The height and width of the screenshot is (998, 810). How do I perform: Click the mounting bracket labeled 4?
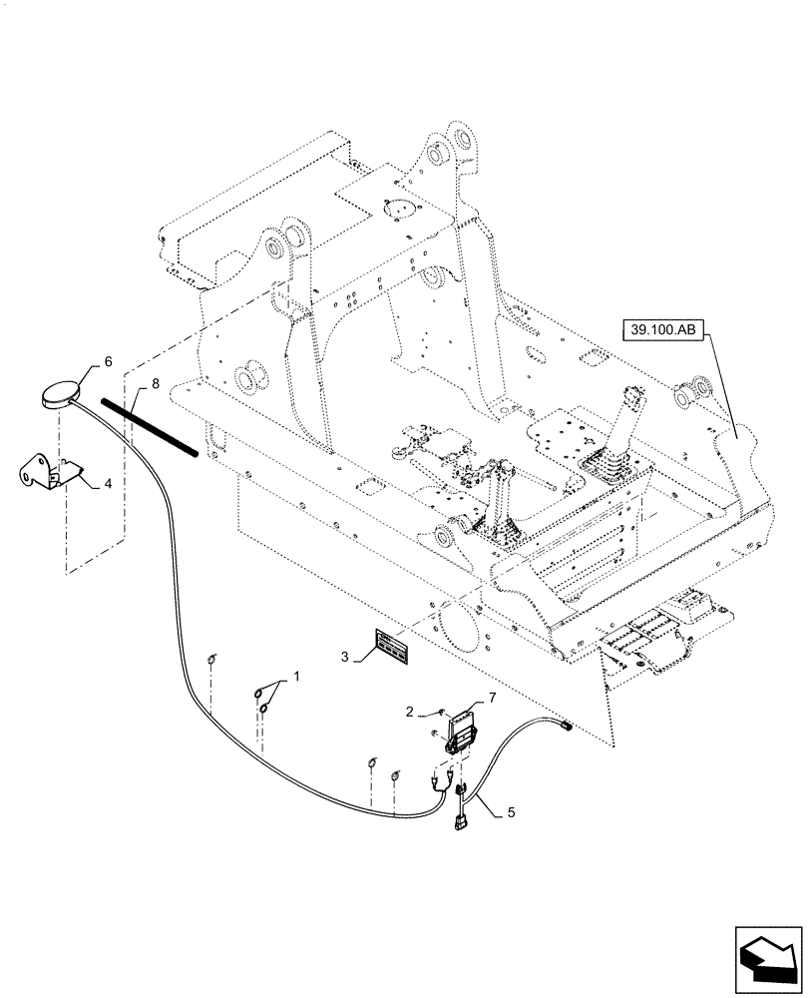point(47,472)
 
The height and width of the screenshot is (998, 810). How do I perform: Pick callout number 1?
point(297,678)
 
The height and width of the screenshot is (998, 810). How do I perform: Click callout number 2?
point(409,712)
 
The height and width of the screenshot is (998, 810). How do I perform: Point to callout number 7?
point(491,696)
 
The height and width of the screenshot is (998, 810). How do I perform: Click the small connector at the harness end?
point(565,726)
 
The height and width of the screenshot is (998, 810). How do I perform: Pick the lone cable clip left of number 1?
point(212,659)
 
